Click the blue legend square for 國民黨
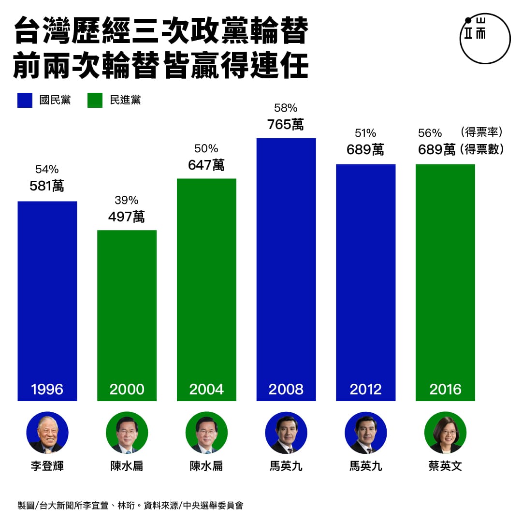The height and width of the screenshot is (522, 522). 25,100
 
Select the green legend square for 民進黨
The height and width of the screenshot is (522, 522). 95,100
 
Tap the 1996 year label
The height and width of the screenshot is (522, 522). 47,389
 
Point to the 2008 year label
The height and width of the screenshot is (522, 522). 286,389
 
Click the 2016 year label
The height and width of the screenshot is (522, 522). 445,389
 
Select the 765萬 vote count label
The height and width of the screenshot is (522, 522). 286,124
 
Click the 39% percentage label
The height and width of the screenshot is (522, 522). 127,200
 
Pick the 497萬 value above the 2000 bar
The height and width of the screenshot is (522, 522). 127,217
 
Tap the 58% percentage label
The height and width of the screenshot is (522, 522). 286,108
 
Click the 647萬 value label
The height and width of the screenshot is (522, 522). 206,165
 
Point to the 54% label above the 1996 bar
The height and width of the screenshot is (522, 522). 47,169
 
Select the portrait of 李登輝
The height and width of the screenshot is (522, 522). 47,433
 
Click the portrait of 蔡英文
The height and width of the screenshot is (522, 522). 445,433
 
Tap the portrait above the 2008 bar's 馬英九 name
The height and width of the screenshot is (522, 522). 286,433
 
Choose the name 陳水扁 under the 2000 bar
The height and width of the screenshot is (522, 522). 127,466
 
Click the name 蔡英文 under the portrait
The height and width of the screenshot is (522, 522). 445,466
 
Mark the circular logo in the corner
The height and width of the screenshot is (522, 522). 484,39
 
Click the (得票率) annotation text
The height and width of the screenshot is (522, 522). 482,131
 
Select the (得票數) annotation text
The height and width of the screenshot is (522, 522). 482,149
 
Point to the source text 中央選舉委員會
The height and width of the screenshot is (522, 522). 213,506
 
